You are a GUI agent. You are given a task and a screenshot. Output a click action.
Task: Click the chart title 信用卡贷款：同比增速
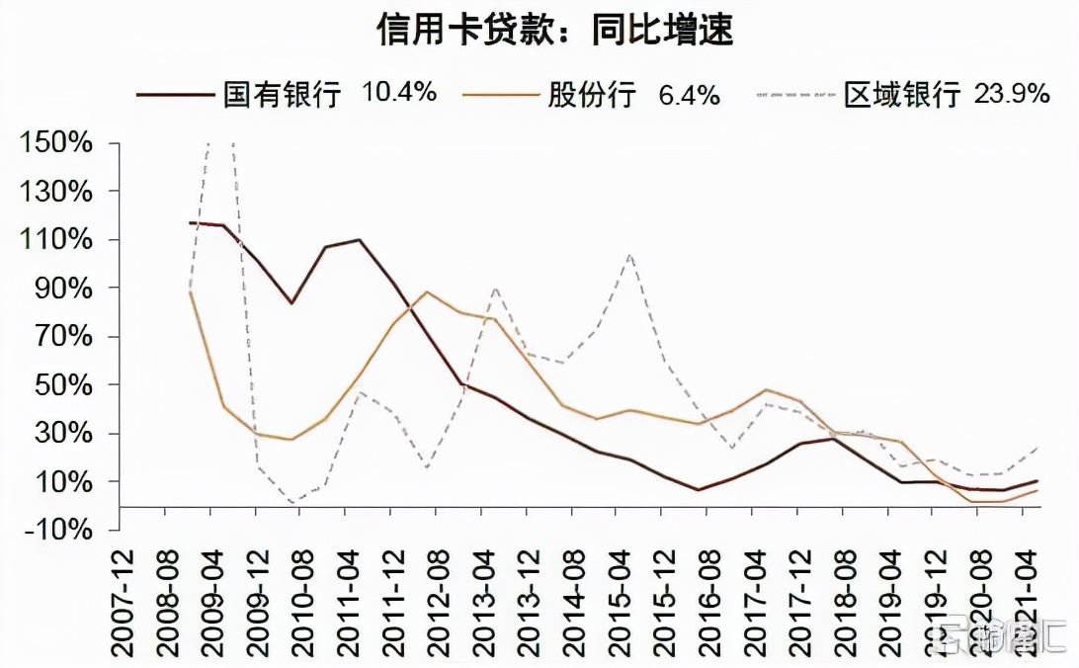[554, 30]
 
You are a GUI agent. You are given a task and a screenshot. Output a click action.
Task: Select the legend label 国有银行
[282, 94]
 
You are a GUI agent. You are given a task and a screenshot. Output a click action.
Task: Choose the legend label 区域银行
[902, 94]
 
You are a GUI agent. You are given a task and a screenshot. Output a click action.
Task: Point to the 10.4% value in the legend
[399, 93]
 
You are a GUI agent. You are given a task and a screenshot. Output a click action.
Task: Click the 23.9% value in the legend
[1012, 93]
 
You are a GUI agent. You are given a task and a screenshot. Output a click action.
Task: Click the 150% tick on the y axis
[57, 143]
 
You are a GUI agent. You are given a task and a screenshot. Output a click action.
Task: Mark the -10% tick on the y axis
[57, 530]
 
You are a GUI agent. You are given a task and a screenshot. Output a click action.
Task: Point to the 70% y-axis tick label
[64, 337]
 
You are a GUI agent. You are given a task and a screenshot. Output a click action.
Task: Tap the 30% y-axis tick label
[64, 434]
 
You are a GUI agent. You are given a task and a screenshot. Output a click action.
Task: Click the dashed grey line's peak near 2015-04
[629, 254]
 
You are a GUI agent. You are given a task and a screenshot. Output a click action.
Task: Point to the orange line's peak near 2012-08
[426, 292]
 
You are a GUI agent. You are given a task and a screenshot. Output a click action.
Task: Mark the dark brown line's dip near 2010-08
[291, 302]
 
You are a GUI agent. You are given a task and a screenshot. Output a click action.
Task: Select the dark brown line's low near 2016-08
[699, 489]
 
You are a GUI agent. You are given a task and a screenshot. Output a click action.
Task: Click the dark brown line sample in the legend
[175, 94]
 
